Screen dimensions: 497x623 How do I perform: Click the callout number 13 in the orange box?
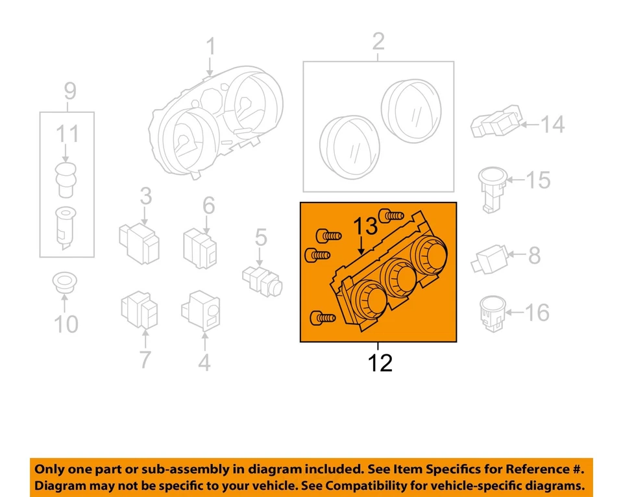tap(365, 227)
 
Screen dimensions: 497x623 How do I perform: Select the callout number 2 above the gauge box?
tap(378, 43)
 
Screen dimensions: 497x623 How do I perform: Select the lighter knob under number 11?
tap(65, 178)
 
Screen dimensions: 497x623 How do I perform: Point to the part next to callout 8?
tap(495, 258)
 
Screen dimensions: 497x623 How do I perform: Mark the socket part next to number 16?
tap(493, 313)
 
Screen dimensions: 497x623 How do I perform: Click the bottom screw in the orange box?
tap(323, 317)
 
